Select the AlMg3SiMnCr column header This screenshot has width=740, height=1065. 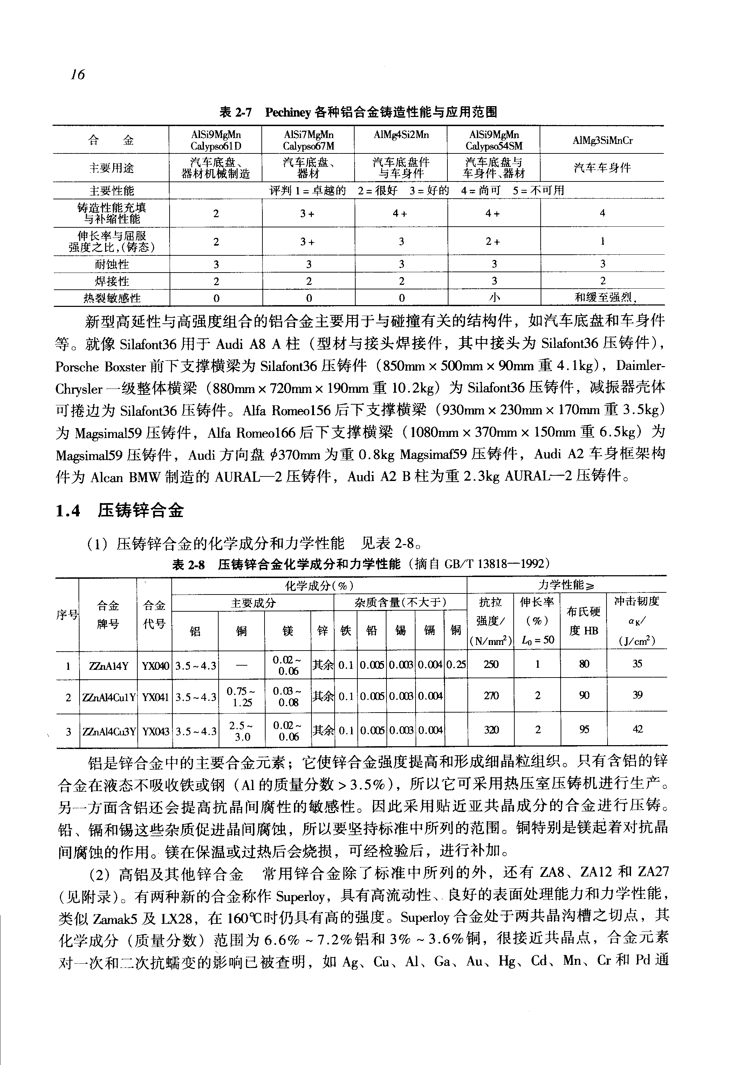(602, 140)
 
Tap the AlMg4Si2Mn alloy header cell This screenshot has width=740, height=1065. (401, 135)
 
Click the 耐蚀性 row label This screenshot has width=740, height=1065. (111, 264)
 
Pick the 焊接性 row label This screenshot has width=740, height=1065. (111, 281)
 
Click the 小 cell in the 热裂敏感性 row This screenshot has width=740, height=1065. (494, 298)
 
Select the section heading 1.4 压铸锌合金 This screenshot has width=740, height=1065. (119, 510)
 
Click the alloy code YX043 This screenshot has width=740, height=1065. (155, 731)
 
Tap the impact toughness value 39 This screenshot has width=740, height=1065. (638, 695)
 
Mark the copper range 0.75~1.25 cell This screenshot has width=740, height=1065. (241, 696)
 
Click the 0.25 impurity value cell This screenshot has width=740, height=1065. (456, 665)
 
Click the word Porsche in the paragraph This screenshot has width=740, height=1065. (77, 367)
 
